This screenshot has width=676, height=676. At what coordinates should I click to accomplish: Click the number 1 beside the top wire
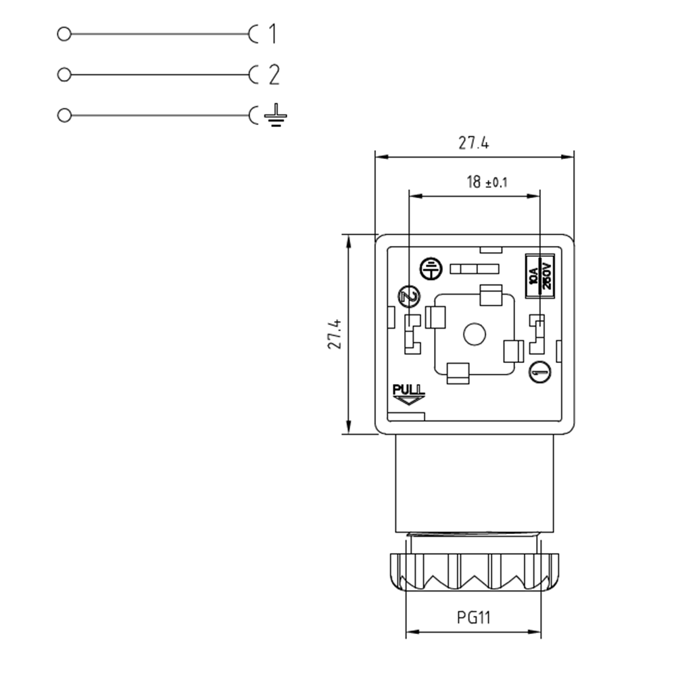coord(272,34)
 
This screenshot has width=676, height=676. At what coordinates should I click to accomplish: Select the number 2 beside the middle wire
coord(273,74)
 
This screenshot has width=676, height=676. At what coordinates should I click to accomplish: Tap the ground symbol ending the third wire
coord(274,116)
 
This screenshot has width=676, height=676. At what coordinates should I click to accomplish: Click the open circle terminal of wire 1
coord(64,34)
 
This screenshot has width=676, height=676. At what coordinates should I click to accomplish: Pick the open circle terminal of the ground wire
coord(64,116)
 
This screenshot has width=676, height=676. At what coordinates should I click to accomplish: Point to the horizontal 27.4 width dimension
coord(473,143)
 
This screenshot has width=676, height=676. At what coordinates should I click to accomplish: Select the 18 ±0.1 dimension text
coord(486,182)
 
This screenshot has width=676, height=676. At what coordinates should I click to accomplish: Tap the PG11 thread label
coord(473,617)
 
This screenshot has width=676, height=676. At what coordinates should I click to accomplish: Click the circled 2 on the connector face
coord(408,295)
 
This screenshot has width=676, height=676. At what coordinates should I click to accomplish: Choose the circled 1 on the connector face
coord(539,371)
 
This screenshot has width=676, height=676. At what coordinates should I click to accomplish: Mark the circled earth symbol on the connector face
coord(430,268)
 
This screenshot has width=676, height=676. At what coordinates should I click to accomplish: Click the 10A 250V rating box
coord(540,276)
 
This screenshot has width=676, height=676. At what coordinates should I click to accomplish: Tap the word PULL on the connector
coord(408,390)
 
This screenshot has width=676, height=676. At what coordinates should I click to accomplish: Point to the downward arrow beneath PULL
coord(408,401)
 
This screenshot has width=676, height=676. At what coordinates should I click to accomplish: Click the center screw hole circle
coord(474,334)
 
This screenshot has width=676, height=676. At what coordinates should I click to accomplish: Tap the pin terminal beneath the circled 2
coord(411,334)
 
